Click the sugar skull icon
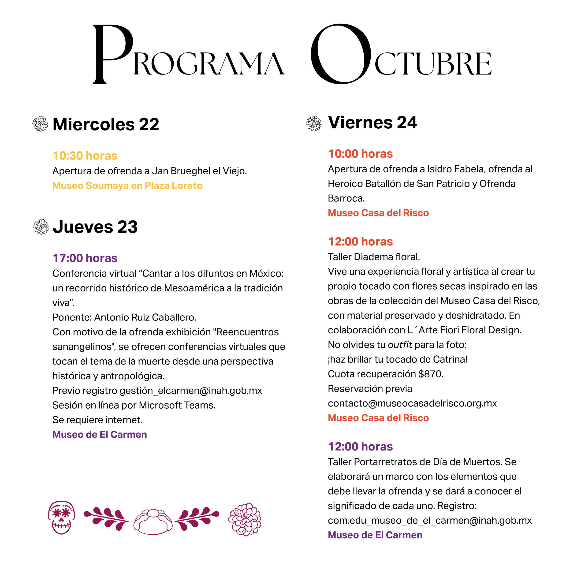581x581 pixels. pos(61,517)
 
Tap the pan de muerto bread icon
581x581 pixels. pos(153,521)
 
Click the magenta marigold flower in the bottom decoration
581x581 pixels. pos(245,519)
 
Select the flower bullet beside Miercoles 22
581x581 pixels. pos(40,124)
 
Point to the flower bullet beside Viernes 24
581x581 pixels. pos(313,123)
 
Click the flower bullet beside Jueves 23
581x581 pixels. pos(41,227)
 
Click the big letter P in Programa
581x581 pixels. pos(112,54)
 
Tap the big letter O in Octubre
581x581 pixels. pos(341,54)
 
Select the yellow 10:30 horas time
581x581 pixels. pos(85,156)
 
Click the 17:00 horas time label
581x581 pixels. pos(85,258)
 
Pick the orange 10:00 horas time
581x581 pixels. pos(360,154)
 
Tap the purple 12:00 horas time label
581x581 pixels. pos(360,447)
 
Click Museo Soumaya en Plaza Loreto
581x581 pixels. pos(127,186)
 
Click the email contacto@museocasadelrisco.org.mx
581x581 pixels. pos(412,403)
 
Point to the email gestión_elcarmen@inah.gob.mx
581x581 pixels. pos(191,390)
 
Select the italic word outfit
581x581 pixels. pos(400,345)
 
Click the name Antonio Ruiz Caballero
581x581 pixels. pos(145,317)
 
